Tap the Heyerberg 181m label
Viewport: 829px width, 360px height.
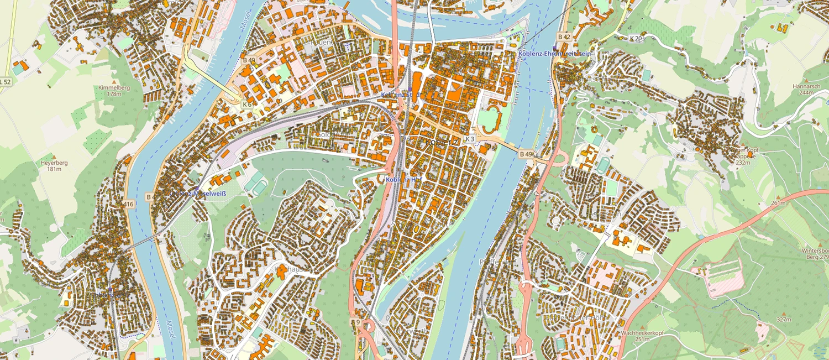(x=54, y=166)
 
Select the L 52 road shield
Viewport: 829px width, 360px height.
(x=5, y=82)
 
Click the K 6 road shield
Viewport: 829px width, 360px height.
(x=246, y=103)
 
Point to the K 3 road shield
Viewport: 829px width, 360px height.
(x=470, y=138)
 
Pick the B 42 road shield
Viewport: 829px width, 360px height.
(x=564, y=36)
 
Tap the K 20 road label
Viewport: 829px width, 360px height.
(x=636, y=38)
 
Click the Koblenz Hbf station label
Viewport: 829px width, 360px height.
(x=403, y=179)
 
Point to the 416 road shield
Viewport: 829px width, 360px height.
(x=129, y=204)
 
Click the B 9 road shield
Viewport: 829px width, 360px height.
(x=356, y=322)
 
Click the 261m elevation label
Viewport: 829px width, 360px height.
(x=778, y=203)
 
